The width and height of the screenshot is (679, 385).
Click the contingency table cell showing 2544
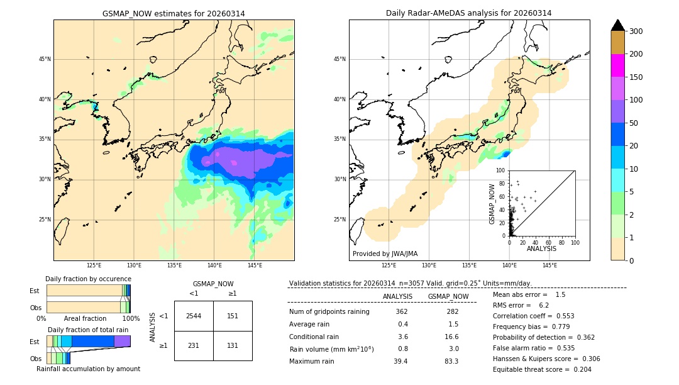pyautogui.click(x=194, y=316)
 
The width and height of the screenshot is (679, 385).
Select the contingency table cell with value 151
pyautogui.click(x=233, y=316)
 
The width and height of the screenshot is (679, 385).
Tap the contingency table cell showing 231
pyautogui.click(x=194, y=345)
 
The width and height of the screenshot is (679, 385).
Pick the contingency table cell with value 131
pyautogui.click(x=233, y=345)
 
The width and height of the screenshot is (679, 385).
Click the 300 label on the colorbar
pyautogui.click(x=636, y=31)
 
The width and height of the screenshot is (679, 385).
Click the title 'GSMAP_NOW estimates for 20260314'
pyautogui.click(x=174, y=13)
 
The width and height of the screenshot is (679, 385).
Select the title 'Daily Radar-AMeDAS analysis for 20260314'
pyautogui.click(x=469, y=13)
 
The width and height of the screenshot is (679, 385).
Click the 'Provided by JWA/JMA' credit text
pyautogui.click(x=385, y=254)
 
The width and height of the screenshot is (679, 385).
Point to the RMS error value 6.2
pyautogui.click(x=544, y=305)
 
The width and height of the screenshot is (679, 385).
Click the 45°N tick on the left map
pyautogui.click(x=44, y=59)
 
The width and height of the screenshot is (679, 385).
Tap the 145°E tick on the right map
pyautogui.click(x=549, y=265)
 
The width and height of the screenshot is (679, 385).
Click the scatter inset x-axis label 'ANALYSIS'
pyautogui.click(x=541, y=248)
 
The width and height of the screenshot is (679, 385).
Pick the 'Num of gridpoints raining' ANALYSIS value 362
pyautogui.click(x=402, y=312)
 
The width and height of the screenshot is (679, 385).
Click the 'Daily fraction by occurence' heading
pyautogui.click(x=88, y=279)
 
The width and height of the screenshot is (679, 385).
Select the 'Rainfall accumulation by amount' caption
pyautogui.click(x=88, y=369)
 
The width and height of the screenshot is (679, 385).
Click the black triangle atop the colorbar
pyautogui.click(x=618, y=25)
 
